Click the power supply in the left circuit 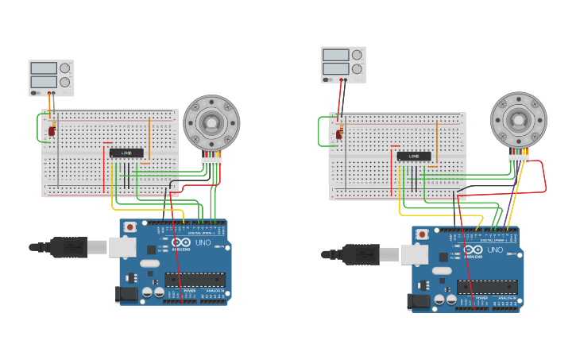(x=51, y=77)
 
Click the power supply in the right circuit (x=343, y=64)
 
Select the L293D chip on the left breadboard (x=126, y=153)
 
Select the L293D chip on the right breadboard (x=414, y=157)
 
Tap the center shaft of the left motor (x=211, y=122)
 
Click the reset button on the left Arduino (x=130, y=227)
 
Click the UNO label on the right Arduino (x=494, y=250)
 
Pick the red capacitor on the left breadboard (x=52, y=130)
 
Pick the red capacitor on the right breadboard (x=339, y=134)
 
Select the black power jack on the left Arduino (x=125, y=294)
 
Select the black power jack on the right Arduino (x=416, y=301)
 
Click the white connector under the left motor (x=211, y=161)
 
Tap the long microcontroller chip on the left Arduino (x=195, y=280)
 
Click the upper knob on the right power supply (x=357, y=54)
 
